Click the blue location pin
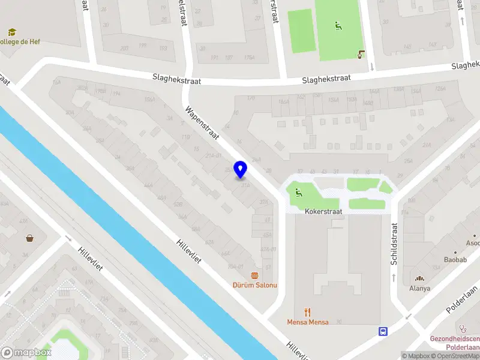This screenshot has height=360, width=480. click(241, 170)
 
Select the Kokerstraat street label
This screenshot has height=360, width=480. click(323, 212)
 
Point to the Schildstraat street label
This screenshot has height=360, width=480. click(394, 245)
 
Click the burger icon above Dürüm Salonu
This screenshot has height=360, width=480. click(255, 275)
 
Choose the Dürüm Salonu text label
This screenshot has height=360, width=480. click(255, 285)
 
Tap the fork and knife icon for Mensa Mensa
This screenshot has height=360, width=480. click(307, 312)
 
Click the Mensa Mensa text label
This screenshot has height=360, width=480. click(307, 322)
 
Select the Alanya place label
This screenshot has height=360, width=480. click(419, 288)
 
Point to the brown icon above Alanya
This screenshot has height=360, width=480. click(419, 278)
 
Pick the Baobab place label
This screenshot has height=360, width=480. click(455, 260)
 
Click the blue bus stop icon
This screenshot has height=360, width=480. click(383, 331)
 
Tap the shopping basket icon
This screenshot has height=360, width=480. click(29, 238)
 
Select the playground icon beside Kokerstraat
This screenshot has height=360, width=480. click(298, 193)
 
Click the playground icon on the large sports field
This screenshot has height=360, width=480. click(338, 26)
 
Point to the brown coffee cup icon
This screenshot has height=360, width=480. click(361, 54)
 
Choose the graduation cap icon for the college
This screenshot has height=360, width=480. click(11, 32)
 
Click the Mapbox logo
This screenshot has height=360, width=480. click(25, 353)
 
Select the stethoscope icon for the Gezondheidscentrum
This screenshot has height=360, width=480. click(463, 328)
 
